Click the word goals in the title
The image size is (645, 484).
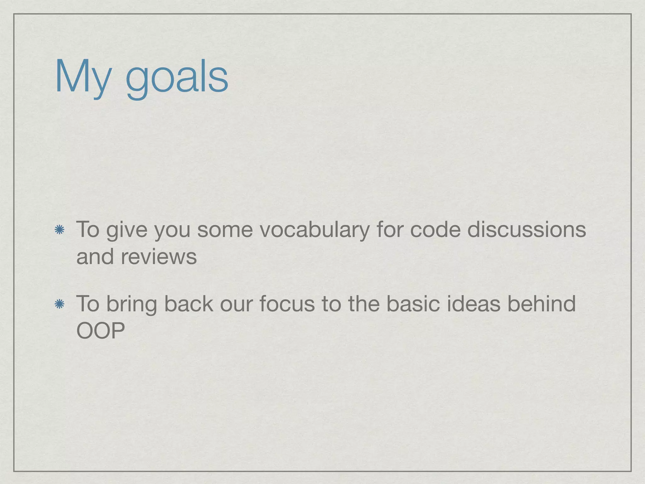tap(177, 79)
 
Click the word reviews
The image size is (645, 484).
tap(159, 257)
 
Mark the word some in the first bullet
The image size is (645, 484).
tap(225, 230)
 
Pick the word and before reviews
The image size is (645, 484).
tap(95, 257)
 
